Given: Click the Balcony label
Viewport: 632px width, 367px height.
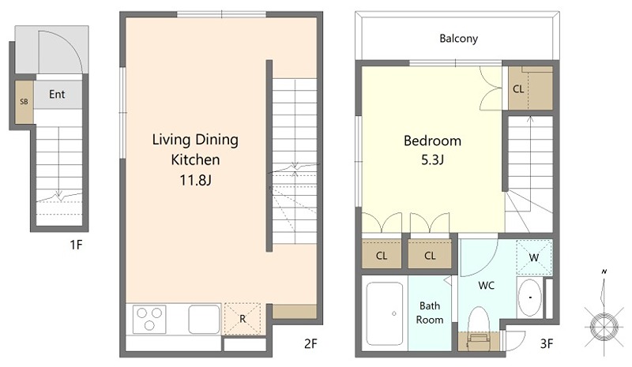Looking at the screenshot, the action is tap(458, 39).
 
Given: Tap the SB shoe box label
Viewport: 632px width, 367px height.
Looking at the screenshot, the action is tap(24, 102).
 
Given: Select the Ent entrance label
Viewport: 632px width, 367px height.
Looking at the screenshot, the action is tap(57, 94).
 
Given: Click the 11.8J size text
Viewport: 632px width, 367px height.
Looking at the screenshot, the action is tap(195, 180).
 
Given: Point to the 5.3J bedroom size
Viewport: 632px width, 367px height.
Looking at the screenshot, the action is tap(432, 160).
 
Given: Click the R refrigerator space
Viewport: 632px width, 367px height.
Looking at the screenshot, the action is tap(243, 319).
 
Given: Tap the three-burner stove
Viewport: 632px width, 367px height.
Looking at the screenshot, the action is tap(149, 319).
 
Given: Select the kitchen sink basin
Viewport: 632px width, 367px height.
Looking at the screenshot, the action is tap(205, 319).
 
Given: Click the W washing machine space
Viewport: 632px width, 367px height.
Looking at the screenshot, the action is tap(534, 257).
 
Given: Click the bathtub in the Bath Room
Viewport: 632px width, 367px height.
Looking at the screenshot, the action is tap(385, 313).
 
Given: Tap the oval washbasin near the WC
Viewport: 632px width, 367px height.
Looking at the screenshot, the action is tap(529, 298).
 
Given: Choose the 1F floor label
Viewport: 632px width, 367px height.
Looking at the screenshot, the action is tap(76, 245).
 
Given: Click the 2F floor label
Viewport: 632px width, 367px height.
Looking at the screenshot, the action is tap(310, 343).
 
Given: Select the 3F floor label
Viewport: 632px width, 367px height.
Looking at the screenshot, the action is tap(547, 343).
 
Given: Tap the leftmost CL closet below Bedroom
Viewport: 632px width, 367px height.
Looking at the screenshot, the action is tap(382, 255).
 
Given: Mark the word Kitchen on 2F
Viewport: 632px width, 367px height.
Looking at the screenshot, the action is tap(195, 160).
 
